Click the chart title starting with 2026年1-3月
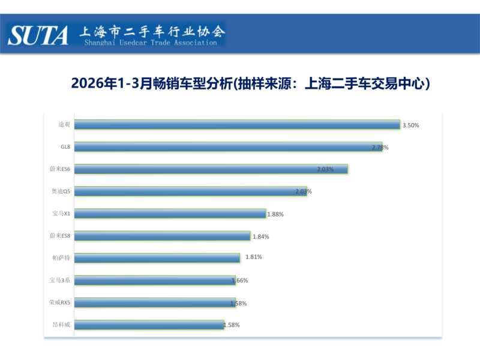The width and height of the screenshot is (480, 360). (251, 83)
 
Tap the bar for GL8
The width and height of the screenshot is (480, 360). (230, 147)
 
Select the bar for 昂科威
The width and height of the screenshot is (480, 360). (150, 325)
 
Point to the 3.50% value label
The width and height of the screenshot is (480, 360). (410, 125)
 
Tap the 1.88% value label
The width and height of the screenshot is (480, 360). (275, 214)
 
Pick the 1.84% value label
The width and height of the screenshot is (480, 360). (260, 236)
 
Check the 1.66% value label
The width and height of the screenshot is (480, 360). (239, 280)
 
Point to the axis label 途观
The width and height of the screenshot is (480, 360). (64, 125)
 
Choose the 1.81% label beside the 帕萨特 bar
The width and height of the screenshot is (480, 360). (254, 257)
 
